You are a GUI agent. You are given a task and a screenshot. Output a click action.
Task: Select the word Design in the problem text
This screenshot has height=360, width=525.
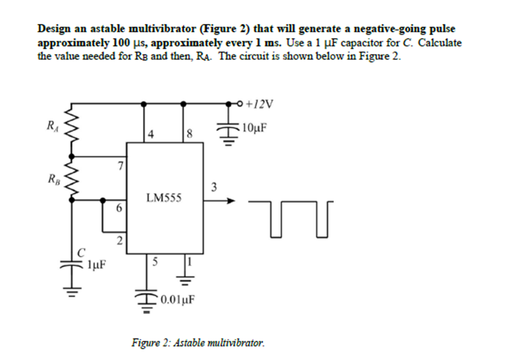53,29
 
